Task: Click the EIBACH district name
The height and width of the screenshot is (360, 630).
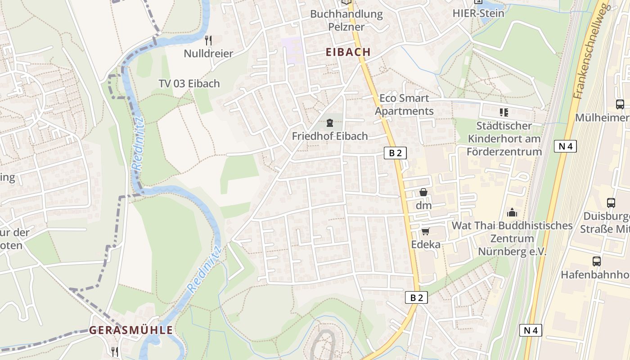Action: point(348,52)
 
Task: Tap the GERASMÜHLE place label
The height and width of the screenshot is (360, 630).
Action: point(130,330)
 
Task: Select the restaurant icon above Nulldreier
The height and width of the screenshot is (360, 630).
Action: point(208,40)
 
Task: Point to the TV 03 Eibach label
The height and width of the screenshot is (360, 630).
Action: point(189,84)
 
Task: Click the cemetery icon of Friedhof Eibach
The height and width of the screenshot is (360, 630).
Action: point(330,123)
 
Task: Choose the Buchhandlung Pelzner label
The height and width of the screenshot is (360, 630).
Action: point(346,20)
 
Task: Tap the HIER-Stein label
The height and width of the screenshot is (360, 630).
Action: point(478,13)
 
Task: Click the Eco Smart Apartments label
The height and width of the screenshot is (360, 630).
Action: point(404,104)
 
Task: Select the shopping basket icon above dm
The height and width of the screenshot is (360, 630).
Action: point(423,192)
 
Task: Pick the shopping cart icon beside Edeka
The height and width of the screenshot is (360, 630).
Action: point(425,231)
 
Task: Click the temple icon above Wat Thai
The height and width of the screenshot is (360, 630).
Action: point(512,212)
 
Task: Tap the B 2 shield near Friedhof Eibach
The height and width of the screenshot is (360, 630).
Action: point(395,153)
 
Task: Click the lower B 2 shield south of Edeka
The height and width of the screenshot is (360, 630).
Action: point(416,297)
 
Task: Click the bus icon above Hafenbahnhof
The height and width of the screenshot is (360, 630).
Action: point(596,261)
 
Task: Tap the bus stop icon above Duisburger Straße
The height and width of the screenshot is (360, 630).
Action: point(611,202)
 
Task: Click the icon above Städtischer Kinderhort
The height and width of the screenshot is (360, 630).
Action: point(504,112)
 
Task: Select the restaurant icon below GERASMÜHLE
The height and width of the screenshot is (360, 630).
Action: point(115,351)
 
